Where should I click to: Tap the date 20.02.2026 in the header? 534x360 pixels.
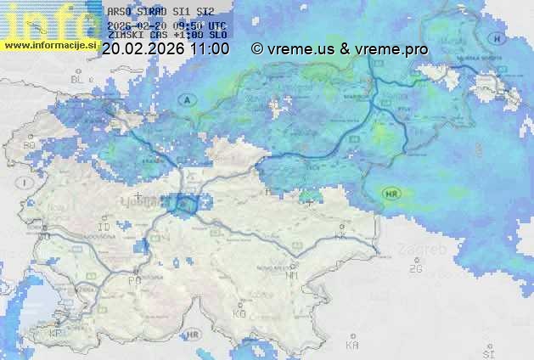coord(143,49)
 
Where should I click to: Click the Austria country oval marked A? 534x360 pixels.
coord(186,99)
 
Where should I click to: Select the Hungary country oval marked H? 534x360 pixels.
coord(496,37)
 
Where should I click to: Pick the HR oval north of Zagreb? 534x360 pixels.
coord(391,193)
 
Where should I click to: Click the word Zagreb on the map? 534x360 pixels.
coord(427,250)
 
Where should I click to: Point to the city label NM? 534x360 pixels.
coord(291,275)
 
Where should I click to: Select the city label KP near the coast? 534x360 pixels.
coord(56,333)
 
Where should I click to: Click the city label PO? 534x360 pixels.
coord(134,279)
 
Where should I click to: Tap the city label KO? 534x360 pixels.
coord(239,313)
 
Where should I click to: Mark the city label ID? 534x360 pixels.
coord(105,228)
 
